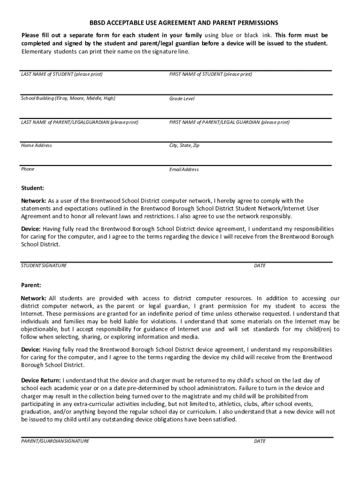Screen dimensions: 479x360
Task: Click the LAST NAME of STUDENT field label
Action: [x=62, y=74]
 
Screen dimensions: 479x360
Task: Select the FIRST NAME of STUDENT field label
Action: [x=210, y=74]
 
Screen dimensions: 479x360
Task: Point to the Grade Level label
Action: [x=182, y=99]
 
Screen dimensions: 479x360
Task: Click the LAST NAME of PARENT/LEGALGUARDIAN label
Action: [x=79, y=122]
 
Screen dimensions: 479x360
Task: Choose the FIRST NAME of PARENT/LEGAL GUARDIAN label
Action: [x=229, y=122]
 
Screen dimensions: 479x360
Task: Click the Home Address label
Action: [x=36, y=145]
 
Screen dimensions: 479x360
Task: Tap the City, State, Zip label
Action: [x=184, y=145]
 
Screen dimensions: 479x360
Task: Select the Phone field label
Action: [x=28, y=169]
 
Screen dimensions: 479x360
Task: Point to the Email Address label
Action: [x=184, y=169]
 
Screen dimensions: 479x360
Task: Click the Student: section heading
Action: [x=33, y=188]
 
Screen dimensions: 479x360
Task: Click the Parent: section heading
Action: [x=31, y=285]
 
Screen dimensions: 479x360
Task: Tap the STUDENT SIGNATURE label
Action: [x=44, y=266]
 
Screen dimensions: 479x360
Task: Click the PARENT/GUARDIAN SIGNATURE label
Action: [x=55, y=441]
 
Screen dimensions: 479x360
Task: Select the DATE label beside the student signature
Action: [x=259, y=266]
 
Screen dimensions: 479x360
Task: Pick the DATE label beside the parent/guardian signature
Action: [x=259, y=441]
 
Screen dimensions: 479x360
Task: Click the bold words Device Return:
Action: [x=41, y=380]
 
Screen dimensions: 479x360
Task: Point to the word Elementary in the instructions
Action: [x=36, y=51]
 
